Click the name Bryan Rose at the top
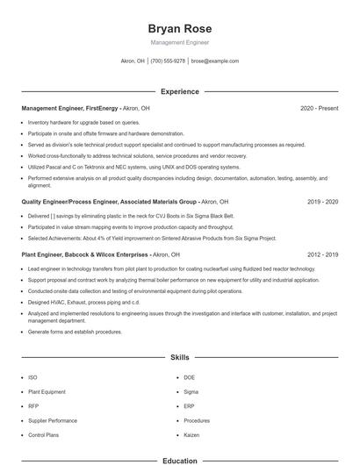180,29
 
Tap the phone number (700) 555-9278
168,61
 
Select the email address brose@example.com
215,61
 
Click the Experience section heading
180,91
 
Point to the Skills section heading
180,358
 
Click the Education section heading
180,460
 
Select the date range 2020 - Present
319,108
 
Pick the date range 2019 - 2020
322,201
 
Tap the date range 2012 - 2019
322,254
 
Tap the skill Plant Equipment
47,392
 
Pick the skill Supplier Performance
53,420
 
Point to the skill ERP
190,406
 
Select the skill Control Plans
43,434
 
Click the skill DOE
191,378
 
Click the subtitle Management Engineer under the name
180,42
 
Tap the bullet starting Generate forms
75,332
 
